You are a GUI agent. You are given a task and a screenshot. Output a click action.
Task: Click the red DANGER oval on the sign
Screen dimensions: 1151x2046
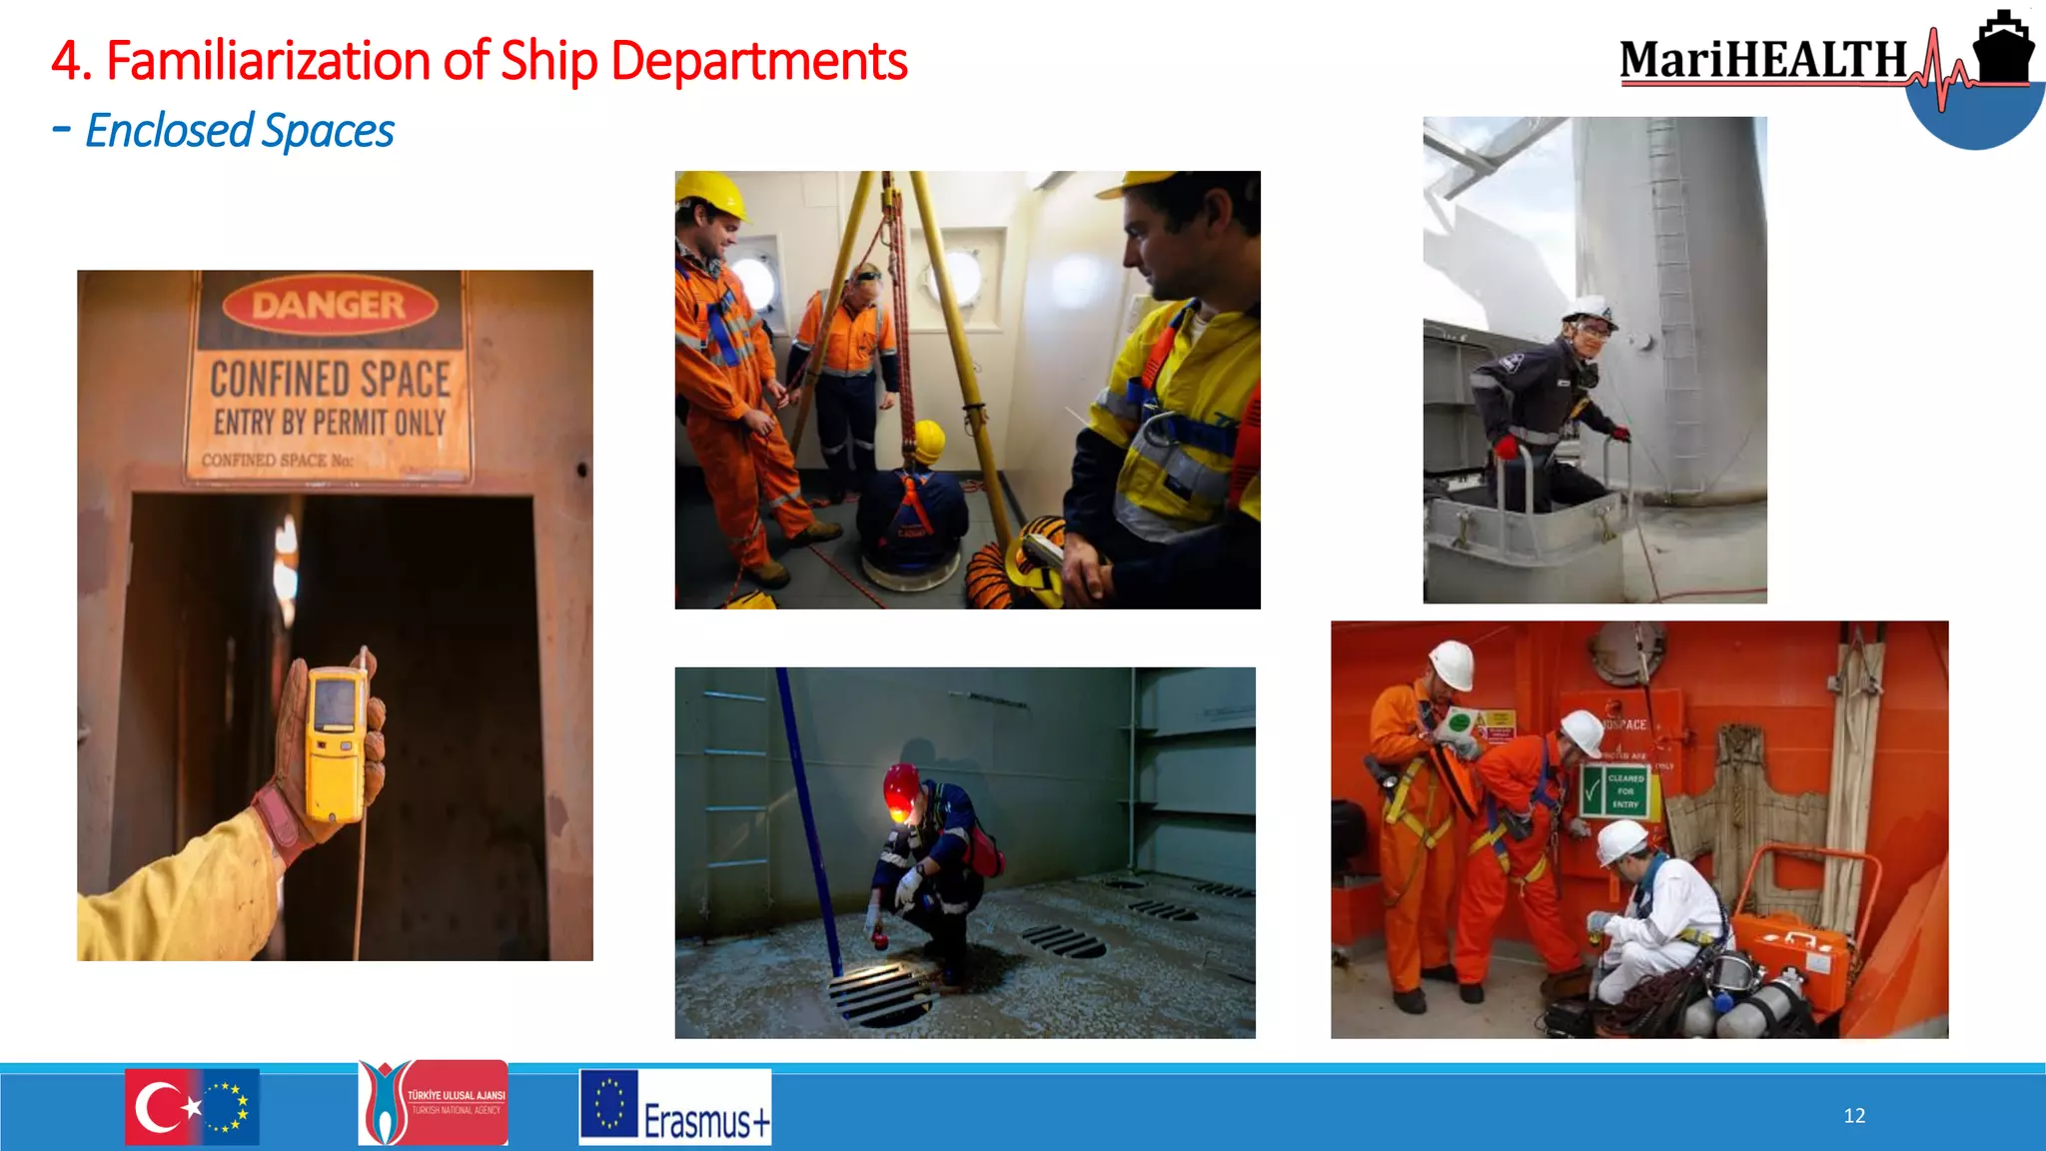(x=330, y=305)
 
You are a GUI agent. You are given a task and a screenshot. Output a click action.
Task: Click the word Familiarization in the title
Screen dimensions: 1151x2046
(x=270, y=61)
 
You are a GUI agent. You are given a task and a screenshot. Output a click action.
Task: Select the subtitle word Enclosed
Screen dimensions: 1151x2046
(x=170, y=131)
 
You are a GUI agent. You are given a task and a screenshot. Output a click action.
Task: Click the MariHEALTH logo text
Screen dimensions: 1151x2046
(x=1763, y=60)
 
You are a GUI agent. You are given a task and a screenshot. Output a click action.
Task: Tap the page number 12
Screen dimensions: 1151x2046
(x=1854, y=1116)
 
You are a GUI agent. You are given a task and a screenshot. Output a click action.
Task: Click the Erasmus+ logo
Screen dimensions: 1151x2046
(x=675, y=1107)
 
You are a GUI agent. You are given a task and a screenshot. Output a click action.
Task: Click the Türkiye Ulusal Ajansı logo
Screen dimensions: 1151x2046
(x=433, y=1103)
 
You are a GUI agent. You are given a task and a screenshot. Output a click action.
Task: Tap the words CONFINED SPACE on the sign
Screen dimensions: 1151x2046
(x=330, y=380)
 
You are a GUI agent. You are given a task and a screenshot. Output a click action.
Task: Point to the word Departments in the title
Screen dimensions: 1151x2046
(x=758, y=61)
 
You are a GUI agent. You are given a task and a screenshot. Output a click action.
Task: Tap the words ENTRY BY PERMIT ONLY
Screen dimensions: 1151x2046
(x=330, y=423)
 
